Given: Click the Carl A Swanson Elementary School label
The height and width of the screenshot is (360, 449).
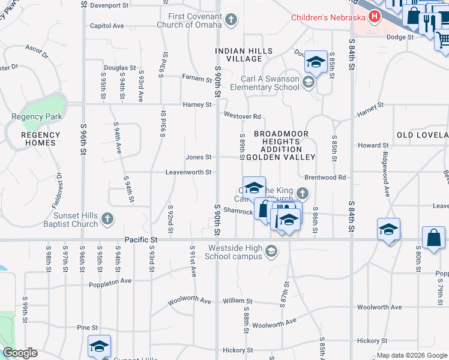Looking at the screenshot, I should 261,83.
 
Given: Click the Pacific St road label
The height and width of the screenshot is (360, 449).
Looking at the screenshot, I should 140,239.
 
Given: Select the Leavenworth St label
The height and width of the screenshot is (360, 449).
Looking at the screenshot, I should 188,172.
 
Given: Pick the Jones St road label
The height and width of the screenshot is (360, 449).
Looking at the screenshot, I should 198,157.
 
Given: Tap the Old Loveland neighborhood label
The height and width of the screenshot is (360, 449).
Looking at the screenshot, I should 423,135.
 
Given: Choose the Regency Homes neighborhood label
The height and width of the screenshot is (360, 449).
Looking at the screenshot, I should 38,139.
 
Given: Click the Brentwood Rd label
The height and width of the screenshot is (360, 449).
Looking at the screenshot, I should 325,178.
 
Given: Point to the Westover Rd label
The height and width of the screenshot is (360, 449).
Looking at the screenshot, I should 242,116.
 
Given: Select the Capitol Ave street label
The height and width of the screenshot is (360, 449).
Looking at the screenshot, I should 106,26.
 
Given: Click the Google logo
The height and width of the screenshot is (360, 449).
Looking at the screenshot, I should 19,353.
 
